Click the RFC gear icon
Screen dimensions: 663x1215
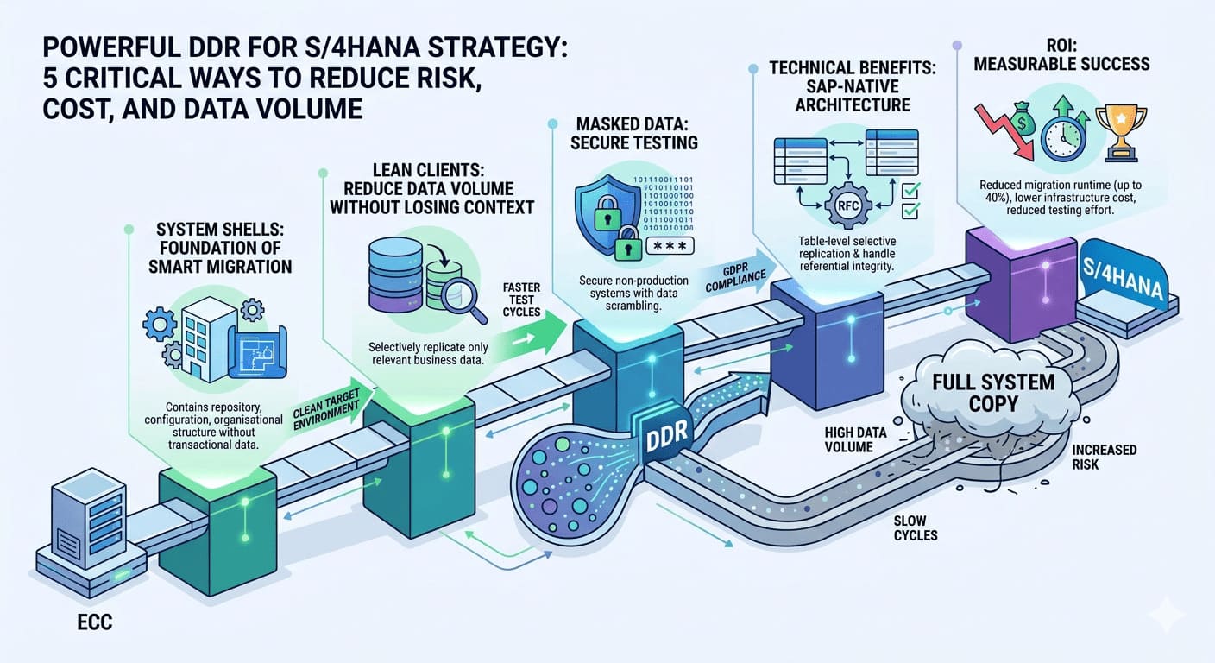(844, 206)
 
